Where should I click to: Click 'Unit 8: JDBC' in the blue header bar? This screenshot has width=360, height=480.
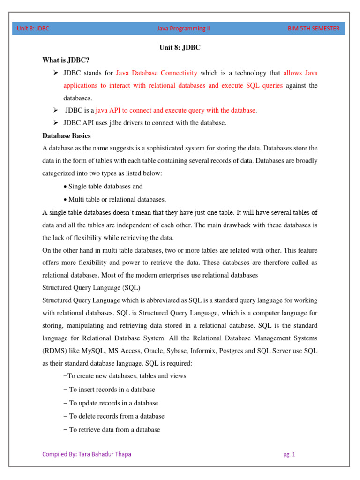(33, 29)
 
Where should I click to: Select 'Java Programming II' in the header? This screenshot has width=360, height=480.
(184, 29)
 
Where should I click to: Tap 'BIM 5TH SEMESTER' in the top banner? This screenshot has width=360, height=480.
(314, 29)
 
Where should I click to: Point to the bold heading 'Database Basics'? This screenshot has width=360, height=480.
(67, 136)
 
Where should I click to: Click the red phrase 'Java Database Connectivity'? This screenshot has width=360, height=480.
(157, 73)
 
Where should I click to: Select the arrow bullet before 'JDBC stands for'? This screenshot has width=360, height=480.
(55, 73)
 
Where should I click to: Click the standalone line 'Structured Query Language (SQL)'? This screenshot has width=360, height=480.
(91, 287)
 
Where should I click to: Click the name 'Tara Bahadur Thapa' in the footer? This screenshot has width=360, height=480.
(103, 454)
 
